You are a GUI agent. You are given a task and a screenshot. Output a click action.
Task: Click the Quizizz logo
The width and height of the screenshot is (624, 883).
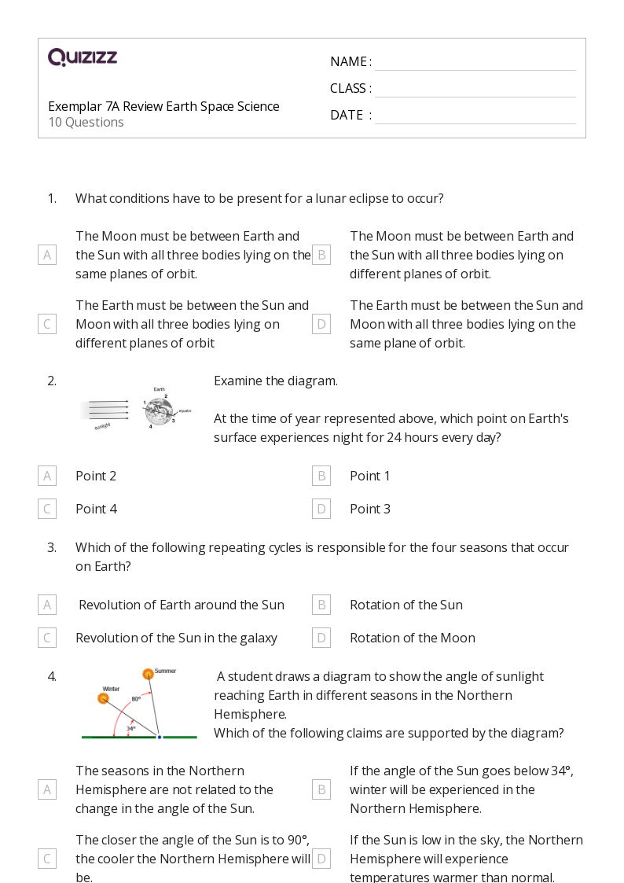[x=83, y=57]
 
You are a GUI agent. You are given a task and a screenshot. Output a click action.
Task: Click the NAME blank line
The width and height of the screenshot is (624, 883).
[x=475, y=63]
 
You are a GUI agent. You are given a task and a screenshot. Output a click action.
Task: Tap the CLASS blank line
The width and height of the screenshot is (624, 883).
[x=475, y=90]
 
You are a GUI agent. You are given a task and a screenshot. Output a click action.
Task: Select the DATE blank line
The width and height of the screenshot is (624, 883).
[x=475, y=116]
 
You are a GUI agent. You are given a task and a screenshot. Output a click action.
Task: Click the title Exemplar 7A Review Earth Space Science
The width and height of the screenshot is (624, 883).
[x=163, y=106]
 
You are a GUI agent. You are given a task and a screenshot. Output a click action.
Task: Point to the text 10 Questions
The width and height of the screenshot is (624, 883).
[x=86, y=122]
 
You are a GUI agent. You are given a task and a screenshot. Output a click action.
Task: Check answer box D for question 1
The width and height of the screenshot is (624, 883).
[x=321, y=324]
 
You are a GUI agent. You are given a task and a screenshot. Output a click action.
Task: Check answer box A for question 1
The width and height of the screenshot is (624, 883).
[x=47, y=255]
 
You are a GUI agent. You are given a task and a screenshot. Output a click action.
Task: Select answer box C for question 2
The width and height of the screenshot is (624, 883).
[x=47, y=509]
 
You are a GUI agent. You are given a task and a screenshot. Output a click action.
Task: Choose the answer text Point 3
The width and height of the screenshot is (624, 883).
[x=369, y=509]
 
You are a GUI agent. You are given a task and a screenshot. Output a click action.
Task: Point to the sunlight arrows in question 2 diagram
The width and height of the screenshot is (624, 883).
[x=105, y=410]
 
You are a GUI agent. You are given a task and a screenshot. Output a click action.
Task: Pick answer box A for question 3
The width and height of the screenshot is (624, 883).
[x=47, y=605]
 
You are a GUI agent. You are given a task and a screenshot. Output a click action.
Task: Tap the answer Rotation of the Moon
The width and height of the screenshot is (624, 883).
[x=412, y=638]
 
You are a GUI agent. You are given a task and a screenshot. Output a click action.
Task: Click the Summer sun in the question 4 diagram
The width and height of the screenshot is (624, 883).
[x=148, y=674]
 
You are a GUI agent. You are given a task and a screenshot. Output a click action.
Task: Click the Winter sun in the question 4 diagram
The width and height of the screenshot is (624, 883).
[x=103, y=698]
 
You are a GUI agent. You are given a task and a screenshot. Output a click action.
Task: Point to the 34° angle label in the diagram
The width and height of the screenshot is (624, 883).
[x=130, y=729]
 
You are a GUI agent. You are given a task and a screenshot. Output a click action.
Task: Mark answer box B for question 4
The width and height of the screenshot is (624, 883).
[x=321, y=789]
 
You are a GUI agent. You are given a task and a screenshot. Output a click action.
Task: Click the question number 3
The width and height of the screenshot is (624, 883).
[x=52, y=547]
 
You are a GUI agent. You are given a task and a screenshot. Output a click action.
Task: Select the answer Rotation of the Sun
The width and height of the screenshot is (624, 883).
[x=406, y=605]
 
